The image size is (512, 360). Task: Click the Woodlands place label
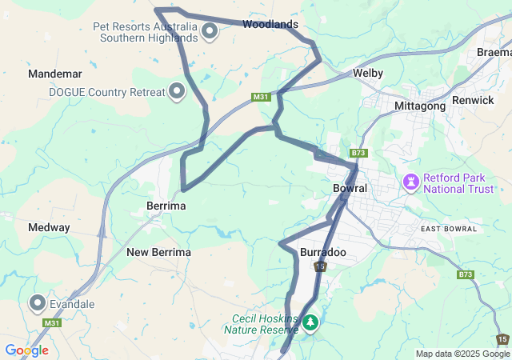pyautogui.click(x=270, y=25)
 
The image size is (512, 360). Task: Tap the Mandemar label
pyautogui.click(x=55, y=74)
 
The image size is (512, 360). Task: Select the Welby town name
pyautogui.click(x=368, y=73)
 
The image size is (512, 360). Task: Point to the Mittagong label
pyautogui.click(x=420, y=106)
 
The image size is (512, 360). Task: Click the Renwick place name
pyautogui.click(x=473, y=100)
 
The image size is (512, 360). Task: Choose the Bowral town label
pyautogui.click(x=350, y=189)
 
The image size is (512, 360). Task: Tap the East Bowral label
pyautogui.click(x=448, y=229)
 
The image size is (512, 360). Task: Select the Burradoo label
pyautogui.click(x=322, y=252)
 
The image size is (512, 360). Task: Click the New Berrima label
pyautogui.click(x=158, y=252)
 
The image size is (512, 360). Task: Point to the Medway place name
pyautogui.click(x=49, y=227)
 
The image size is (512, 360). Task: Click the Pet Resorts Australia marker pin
pyautogui.click(x=210, y=32)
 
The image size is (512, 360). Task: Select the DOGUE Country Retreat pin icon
pyautogui.click(x=178, y=91)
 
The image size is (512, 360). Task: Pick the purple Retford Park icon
pyautogui.click(x=412, y=182)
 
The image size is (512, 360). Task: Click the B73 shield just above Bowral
pyautogui.click(x=358, y=153)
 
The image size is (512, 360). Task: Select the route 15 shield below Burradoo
pyautogui.click(x=320, y=266)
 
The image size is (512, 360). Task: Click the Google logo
pyautogui.click(x=26, y=350)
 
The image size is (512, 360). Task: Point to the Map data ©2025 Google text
pyautogui.click(x=462, y=354)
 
